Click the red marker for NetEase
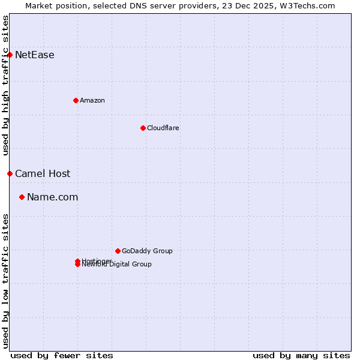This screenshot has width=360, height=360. [10, 55]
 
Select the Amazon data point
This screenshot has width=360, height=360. [76, 100]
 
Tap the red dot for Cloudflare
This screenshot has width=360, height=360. [143, 128]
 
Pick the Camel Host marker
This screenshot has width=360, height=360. [10, 173]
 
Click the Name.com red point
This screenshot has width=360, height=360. [22, 197]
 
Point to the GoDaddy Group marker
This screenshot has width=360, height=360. [118, 251]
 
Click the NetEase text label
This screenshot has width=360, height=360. [35, 55]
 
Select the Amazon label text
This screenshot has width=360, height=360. [92, 100]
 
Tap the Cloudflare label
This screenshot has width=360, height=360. [163, 128]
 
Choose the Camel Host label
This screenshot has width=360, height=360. [43, 174]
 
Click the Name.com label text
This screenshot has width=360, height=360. [53, 197]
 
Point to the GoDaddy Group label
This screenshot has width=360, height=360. [147, 251]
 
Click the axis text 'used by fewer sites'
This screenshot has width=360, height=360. [62, 355]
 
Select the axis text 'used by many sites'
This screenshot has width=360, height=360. [301, 355]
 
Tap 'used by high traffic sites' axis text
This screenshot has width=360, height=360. [6, 85]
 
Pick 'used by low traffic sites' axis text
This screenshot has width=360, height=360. [6, 281]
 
